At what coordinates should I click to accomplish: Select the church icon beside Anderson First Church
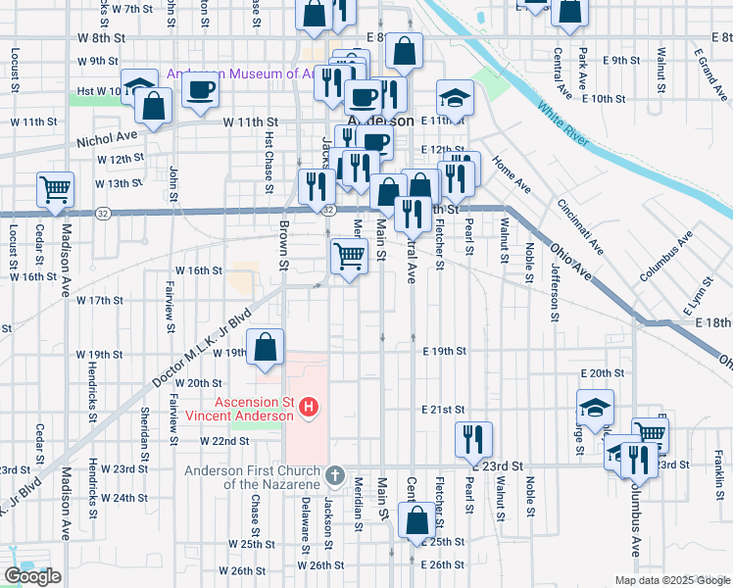pyautogui.click(x=334, y=475)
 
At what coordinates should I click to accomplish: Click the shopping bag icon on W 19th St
pyautogui.click(x=266, y=347)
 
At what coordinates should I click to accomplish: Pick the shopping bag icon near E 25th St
pyautogui.click(x=417, y=520)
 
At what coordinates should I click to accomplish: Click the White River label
pyautogui.click(x=562, y=124)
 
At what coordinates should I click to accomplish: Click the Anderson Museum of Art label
pyautogui.click(x=238, y=73)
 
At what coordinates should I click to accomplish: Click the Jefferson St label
pyautogui.click(x=555, y=291)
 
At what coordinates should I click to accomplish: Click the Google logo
pyautogui.click(x=32, y=576)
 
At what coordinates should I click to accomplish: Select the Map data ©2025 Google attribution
pyautogui.click(x=672, y=580)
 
